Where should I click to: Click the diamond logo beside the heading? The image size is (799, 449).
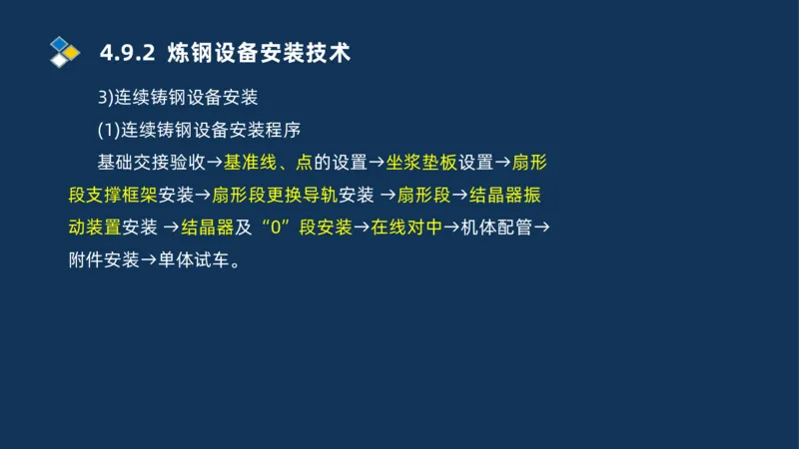[64, 50]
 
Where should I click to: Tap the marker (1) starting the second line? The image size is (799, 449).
[108, 130]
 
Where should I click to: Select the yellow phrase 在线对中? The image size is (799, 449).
[405, 227]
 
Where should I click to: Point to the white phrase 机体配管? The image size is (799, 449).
[496, 227]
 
